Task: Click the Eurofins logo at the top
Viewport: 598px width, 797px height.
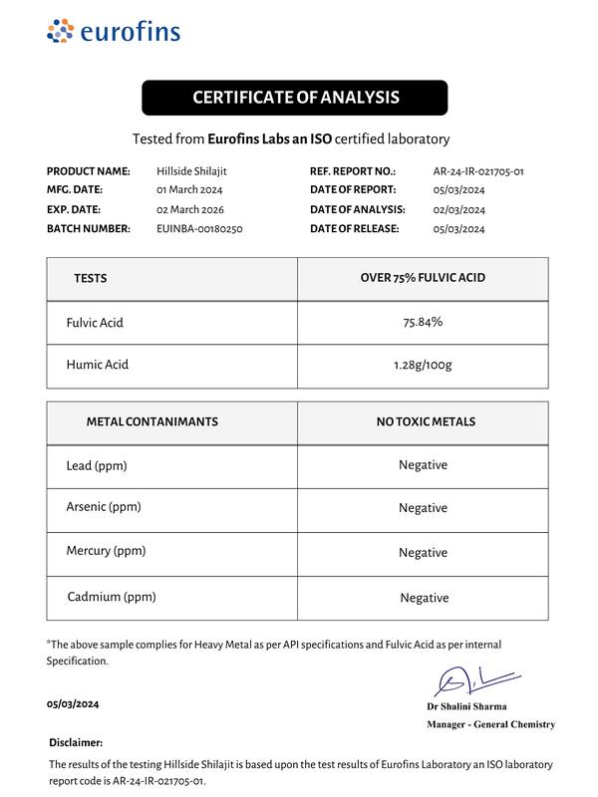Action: tap(114, 32)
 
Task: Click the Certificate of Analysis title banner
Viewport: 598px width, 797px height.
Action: tap(295, 98)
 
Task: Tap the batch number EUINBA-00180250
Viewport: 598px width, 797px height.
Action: tap(199, 229)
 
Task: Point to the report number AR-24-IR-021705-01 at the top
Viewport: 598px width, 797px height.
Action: tap(478, 171)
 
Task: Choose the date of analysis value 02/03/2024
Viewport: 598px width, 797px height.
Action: tap(458, 210)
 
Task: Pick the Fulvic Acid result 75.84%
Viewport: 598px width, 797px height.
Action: tap(423, 323)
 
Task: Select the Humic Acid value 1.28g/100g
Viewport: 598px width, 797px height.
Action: tap(423, 366)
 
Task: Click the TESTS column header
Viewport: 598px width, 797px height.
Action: tap(90, 279)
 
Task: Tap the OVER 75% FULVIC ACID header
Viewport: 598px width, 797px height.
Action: tap(423, 278)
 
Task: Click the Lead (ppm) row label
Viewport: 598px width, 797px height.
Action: tap(97, 466)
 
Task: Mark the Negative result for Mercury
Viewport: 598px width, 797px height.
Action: tap(423, 553)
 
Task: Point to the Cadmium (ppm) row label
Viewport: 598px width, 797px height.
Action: tap(112, 597)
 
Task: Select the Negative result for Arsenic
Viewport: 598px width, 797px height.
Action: tap(423, 509)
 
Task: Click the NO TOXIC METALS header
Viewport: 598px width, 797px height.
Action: tap(426, 422)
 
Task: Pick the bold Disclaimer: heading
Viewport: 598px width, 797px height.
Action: tap(75, 743)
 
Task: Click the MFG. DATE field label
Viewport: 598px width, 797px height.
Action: tap(75, 190)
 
